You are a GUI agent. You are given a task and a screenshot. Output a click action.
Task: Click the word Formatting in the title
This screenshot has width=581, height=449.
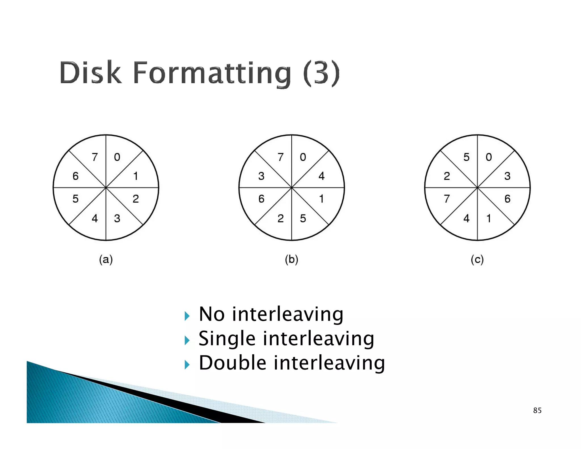[212, 73]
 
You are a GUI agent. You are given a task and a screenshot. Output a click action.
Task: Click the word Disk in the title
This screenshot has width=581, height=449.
[90, 73]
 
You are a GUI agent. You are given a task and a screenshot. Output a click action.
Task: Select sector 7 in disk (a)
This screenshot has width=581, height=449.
[95, 157]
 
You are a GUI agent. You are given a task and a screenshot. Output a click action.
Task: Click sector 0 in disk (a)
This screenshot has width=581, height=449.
[117, 157]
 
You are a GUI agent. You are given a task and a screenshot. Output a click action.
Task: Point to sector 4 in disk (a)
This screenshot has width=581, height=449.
[95, 218]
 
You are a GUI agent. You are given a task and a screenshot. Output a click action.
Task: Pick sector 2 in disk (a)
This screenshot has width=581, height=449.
[136, 199]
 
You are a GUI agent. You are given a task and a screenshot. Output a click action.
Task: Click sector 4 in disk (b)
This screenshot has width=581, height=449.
[321, 176]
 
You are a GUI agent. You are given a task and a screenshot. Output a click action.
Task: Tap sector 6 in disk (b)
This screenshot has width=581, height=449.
[261, 199]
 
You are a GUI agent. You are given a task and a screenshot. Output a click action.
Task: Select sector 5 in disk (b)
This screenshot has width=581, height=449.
[303, 218]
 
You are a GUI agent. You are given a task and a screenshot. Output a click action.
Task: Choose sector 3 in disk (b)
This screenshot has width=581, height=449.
[261, 176]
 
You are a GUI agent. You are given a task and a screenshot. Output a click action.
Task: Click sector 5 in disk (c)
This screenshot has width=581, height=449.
[466, 157]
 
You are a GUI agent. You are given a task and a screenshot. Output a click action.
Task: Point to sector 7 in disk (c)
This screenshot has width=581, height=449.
[447, 199]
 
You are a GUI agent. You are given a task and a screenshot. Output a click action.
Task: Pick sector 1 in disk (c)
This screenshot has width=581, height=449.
[489, 218]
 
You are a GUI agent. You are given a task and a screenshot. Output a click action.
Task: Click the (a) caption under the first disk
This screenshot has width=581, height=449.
[106, 259]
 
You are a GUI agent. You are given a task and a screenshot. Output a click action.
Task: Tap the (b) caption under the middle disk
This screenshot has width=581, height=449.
[292, 259]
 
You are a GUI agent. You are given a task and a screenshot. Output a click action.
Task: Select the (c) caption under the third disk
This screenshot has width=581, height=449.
[477, 259]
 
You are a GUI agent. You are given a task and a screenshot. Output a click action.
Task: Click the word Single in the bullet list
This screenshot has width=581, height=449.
[227, 339]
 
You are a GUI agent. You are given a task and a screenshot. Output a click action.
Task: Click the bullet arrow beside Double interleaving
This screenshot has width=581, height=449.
[187, 364]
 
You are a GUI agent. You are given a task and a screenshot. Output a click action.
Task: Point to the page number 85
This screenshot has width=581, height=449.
[537, 410]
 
